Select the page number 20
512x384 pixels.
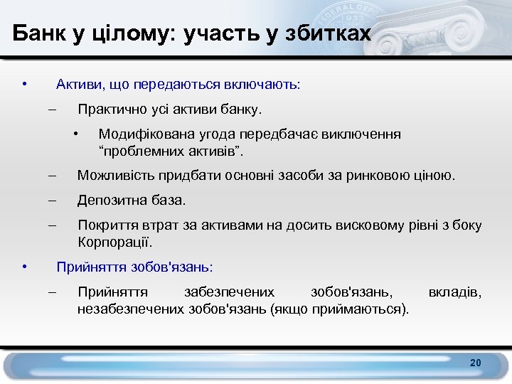pos(475,363)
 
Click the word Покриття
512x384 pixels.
pos(106,225)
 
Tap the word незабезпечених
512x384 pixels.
pos(131,308)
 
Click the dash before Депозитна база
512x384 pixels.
pos(51,201)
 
